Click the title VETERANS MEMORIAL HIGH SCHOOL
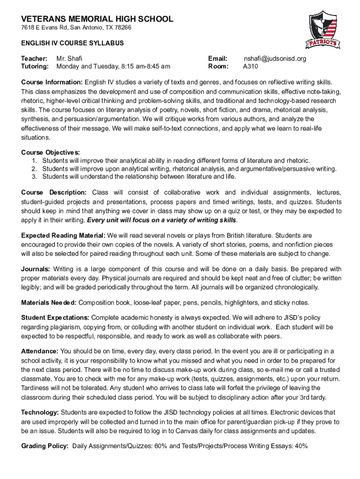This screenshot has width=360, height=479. point(97,19)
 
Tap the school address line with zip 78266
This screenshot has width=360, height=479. point(76,28)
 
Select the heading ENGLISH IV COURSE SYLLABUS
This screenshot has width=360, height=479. point(72,43)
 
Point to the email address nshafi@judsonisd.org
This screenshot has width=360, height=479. point(275,59)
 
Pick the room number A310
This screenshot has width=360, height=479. point(252,66)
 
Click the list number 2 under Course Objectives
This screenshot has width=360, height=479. point(35,168)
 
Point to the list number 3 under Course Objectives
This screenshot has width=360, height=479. point(35,176)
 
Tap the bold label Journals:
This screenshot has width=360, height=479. point(36,269)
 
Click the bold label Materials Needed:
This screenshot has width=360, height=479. point(48,302)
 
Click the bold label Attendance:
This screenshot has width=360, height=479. point(40,351)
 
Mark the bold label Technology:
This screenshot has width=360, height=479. point(40,412)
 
